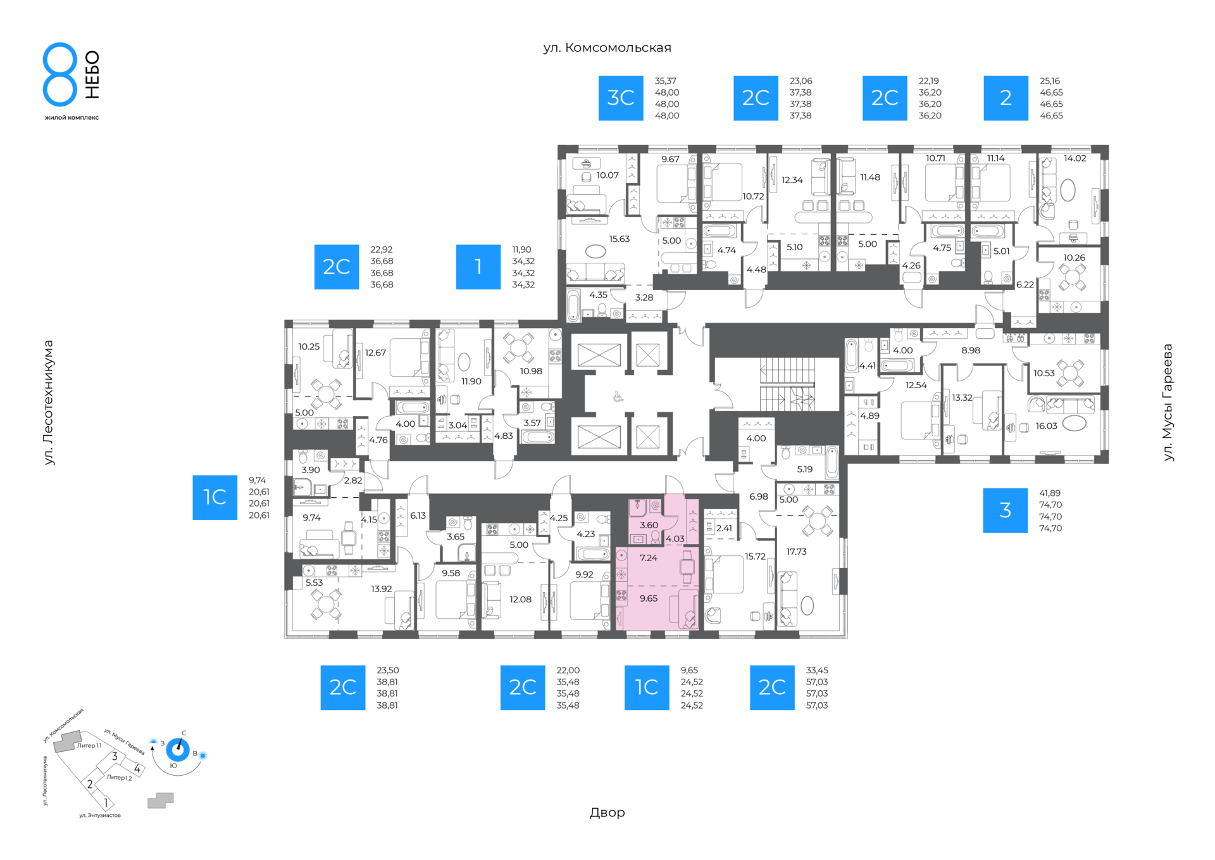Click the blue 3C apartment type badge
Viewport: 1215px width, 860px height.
click(621, 98)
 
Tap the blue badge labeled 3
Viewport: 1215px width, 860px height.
click(1005, 510)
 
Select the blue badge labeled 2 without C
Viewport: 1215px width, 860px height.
click(1006, 98)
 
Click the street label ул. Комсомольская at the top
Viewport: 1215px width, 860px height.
click(607, 48)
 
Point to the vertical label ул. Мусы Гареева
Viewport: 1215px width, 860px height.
click(1168, 402)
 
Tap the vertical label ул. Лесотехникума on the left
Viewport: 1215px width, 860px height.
click(49, 403)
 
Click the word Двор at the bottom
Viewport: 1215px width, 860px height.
click(607, 813)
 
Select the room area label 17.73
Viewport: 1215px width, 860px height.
click(796, 552)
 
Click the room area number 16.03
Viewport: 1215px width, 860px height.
click(1046, 426)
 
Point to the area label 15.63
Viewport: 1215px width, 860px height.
click(620, 239)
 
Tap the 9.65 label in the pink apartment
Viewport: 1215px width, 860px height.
click(649, 598)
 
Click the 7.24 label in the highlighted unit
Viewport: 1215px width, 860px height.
click(649, 558)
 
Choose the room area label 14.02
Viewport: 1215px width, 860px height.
click(1075, 158)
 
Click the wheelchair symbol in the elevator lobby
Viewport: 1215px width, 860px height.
click(618, 397)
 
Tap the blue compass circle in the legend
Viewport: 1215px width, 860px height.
click(178, 750)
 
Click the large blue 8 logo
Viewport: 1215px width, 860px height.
click(60, 74)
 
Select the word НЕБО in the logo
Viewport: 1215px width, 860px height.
click(92, 75)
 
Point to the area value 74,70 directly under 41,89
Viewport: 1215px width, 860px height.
click(1050, 505)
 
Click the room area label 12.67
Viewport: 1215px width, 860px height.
click(375, 353)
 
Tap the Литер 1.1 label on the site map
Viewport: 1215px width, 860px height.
click(89, 745)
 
